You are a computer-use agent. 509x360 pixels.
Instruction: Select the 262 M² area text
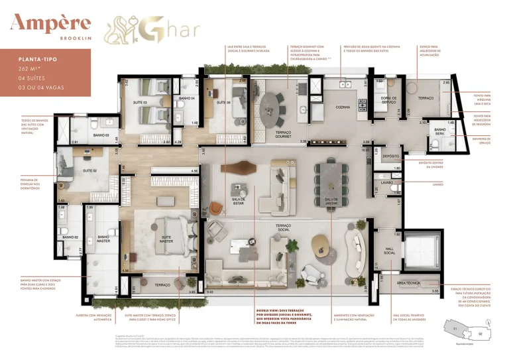29,68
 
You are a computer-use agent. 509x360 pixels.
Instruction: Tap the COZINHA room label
343,106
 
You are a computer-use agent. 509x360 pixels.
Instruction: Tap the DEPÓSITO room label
391,156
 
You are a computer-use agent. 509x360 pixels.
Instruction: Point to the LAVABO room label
388,182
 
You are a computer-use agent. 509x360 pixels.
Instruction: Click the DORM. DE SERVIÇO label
384,100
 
